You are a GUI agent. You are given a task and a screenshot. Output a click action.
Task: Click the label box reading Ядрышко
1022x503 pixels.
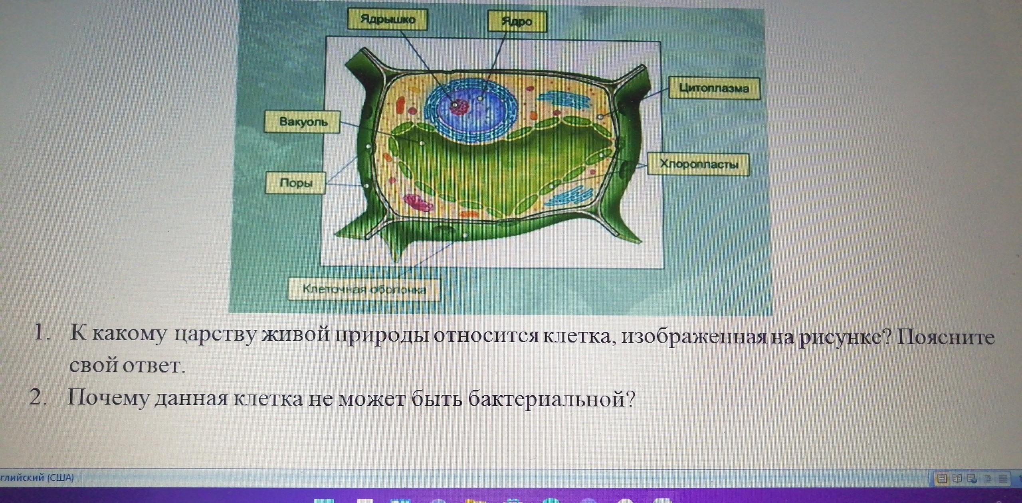387,20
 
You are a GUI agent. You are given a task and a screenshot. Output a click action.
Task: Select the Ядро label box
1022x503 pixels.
517,21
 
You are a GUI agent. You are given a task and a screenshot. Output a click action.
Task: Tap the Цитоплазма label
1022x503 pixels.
714,88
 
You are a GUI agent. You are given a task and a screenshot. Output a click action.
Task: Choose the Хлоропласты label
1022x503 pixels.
698,164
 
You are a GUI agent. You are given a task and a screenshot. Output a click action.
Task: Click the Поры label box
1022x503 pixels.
296,183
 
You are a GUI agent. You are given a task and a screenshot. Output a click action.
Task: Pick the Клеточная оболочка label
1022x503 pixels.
364,289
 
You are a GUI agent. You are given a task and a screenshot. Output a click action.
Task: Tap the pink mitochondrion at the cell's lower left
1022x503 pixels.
418,202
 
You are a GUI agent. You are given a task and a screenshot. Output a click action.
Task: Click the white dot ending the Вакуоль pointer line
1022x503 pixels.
422,143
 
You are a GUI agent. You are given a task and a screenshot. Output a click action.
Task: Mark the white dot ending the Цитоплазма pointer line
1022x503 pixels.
600,117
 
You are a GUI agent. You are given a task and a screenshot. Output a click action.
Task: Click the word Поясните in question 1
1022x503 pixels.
946,337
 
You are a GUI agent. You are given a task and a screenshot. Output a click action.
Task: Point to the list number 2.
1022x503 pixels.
37,397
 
